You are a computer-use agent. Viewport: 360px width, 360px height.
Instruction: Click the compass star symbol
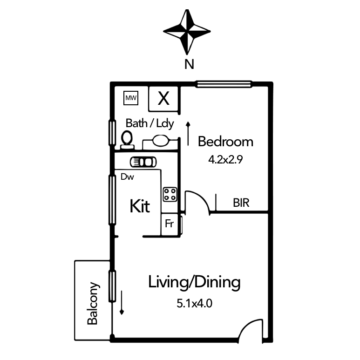click(x=187, y=32)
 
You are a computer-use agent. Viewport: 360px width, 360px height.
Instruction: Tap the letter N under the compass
click(x=189, y=64)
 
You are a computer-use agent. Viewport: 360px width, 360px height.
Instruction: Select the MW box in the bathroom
click(x=131, y=98)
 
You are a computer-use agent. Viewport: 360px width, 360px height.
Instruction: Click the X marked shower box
click(x=163, y=99)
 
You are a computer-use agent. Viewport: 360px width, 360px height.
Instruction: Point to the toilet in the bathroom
click(x=127, y=140)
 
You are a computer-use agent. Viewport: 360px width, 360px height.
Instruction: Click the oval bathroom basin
click(x=161, y=140)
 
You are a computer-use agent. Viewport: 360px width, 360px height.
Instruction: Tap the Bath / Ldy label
click(x=149, y=123)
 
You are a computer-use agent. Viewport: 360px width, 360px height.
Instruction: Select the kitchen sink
click(x=143, y=162)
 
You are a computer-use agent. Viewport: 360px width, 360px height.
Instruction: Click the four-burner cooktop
click(x=170, y=195)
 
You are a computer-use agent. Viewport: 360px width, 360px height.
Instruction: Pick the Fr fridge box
click(x=170, y=224)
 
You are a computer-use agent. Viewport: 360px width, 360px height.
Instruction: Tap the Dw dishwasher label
click(x=127, y=177)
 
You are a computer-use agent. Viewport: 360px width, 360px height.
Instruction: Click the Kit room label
click(x=140, y=206)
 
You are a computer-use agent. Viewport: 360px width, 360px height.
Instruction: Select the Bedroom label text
click(x=226, y=142)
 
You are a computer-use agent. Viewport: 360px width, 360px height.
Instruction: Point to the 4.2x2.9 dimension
click(x=225, y=160)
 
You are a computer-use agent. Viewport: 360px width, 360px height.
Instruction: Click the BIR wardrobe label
click(x=241, y=203)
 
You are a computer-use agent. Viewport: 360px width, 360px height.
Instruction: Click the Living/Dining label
click(x=194, y=282)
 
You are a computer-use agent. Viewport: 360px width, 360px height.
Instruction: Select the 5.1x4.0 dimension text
click(x=194, y=304)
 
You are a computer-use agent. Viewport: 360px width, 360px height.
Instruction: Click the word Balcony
click(x=93, y=303)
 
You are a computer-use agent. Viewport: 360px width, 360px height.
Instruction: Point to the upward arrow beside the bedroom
click(x=188, y=134)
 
